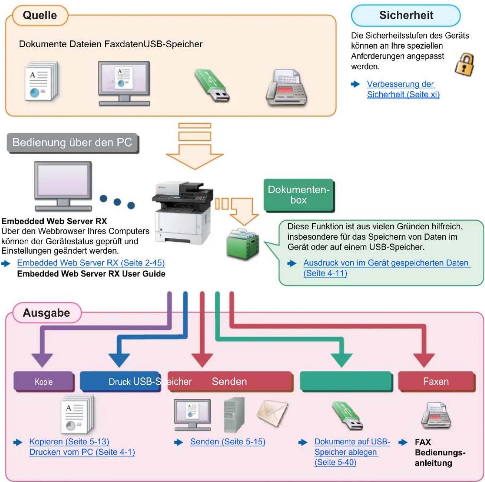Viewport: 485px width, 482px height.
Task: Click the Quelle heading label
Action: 40,15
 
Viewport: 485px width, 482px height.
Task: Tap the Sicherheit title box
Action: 406,15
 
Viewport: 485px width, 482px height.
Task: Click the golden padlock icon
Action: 465,64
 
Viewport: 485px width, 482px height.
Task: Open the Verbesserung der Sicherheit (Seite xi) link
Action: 403,89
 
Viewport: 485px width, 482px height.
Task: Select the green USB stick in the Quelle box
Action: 212,85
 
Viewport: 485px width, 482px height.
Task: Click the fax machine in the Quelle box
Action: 287,88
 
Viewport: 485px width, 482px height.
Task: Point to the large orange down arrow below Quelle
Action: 195,146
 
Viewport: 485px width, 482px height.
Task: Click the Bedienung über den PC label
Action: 73,143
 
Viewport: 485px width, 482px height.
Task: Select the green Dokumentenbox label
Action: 299,195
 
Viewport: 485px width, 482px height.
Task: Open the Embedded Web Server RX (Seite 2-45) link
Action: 91,263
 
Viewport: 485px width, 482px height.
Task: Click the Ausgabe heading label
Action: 47,313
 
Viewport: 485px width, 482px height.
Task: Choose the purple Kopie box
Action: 44,382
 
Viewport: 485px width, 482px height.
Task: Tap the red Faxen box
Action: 437,382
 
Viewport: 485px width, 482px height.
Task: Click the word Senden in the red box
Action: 229,382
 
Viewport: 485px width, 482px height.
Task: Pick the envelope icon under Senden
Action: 272,413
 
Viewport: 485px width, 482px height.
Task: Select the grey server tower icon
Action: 234,415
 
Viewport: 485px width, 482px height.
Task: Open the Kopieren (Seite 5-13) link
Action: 69,442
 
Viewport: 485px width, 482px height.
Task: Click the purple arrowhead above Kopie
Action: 42,360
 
